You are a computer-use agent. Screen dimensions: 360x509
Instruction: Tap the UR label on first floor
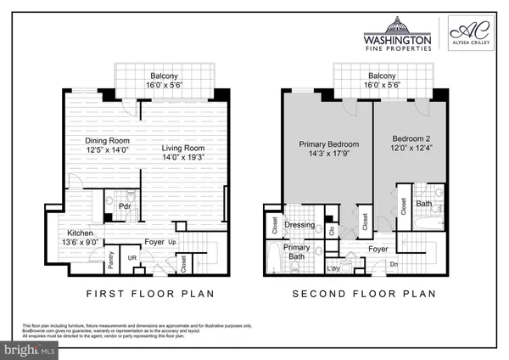[x=132, y=257]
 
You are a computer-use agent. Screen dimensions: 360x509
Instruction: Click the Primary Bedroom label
[x=326, y=144]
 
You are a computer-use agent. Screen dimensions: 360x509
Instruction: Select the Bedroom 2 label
[x=413, y=138]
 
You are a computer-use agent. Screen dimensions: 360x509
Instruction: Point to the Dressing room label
[x=299, y=226]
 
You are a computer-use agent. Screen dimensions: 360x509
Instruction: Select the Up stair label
[x=173, y=242]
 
